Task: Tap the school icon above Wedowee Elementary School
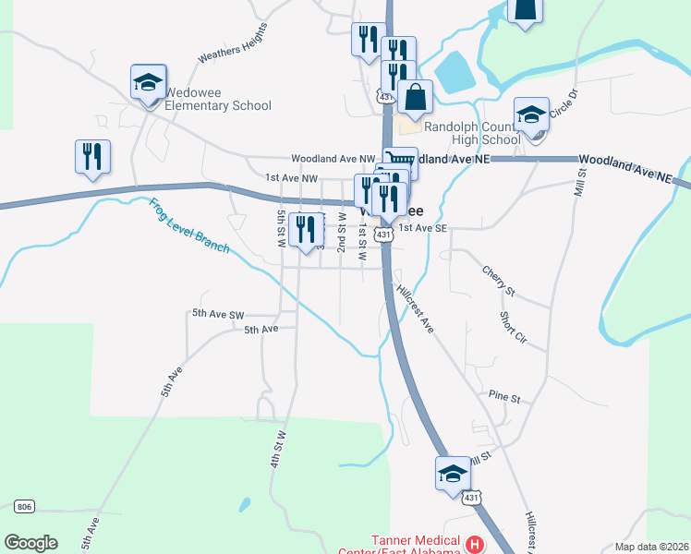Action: [148, 82]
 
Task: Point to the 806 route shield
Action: [25, 506]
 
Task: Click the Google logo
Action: [30, 543]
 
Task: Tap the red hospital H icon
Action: [475, 544]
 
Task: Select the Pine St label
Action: [505, 398]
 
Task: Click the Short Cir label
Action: [513, 328]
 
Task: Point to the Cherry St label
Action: [498, 280]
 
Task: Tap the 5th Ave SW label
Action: [218, 314]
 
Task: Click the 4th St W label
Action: [279, 446]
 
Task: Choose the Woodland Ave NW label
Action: [333, 159]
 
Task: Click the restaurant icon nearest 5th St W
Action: [306, 230]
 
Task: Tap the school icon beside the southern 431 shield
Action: [453, 475]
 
